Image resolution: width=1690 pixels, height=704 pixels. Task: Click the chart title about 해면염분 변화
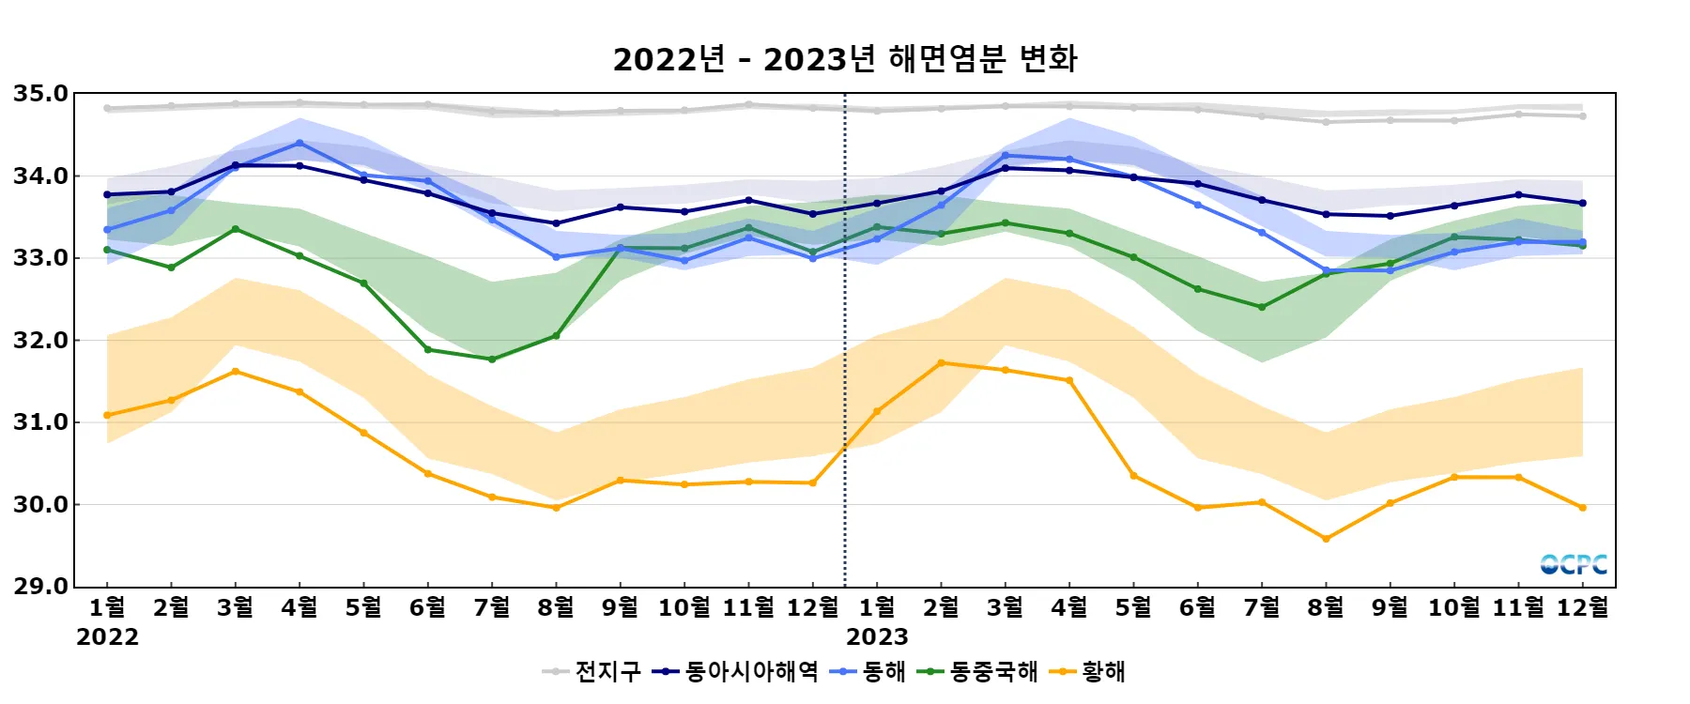point(845,59)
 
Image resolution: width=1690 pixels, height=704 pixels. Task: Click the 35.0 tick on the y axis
point(40,94)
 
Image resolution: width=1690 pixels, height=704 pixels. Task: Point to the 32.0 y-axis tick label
point(40,341)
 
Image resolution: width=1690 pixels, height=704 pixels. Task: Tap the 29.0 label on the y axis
point(40,587)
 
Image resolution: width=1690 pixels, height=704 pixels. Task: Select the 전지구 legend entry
point(591,671)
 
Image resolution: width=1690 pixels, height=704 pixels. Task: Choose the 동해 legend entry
point(869,671)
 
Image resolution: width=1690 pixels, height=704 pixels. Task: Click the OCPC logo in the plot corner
point(1574,564)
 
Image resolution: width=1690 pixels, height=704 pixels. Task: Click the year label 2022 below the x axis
point(107,637)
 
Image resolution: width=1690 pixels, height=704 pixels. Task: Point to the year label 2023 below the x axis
point(877,637)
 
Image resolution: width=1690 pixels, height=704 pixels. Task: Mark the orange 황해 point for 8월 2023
point(1326,539)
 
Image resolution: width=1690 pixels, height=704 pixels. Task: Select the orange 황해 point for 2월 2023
point(941,363)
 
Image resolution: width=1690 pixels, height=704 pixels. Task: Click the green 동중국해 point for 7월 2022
point(492,360)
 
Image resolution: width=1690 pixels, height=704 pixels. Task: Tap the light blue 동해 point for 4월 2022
point(300,144)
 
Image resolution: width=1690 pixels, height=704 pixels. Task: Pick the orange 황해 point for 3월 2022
point(236,372)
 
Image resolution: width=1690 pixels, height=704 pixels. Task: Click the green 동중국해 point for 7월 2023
point(1262,307)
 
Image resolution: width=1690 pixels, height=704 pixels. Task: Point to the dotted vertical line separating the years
point(845,375)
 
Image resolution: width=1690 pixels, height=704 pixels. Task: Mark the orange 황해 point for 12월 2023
point(1583,508)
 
